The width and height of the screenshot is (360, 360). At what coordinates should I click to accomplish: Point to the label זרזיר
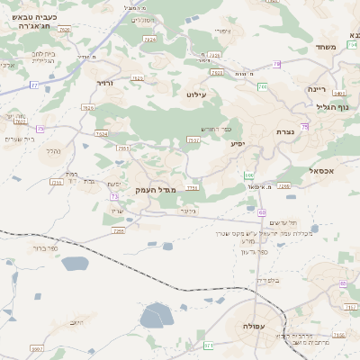(x=106, y=82)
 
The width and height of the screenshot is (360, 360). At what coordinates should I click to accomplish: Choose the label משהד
(x=326, y=47)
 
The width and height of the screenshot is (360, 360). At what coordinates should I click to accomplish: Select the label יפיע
(x=238, y=144)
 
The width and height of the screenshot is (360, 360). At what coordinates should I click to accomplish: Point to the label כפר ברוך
(x=41, y=248)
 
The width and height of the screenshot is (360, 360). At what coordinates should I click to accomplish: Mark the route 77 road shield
(x=34, y=85)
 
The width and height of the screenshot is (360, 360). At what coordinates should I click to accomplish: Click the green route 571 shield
(x=209, y=346)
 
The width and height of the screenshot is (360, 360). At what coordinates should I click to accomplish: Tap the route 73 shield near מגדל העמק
(x=114, y=195)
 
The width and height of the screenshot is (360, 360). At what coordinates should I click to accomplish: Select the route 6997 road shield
(x=37, y=348)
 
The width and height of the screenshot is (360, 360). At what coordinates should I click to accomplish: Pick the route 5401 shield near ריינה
(x=338, y=93)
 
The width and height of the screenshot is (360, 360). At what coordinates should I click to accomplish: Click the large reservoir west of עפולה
(x=157, y=316)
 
